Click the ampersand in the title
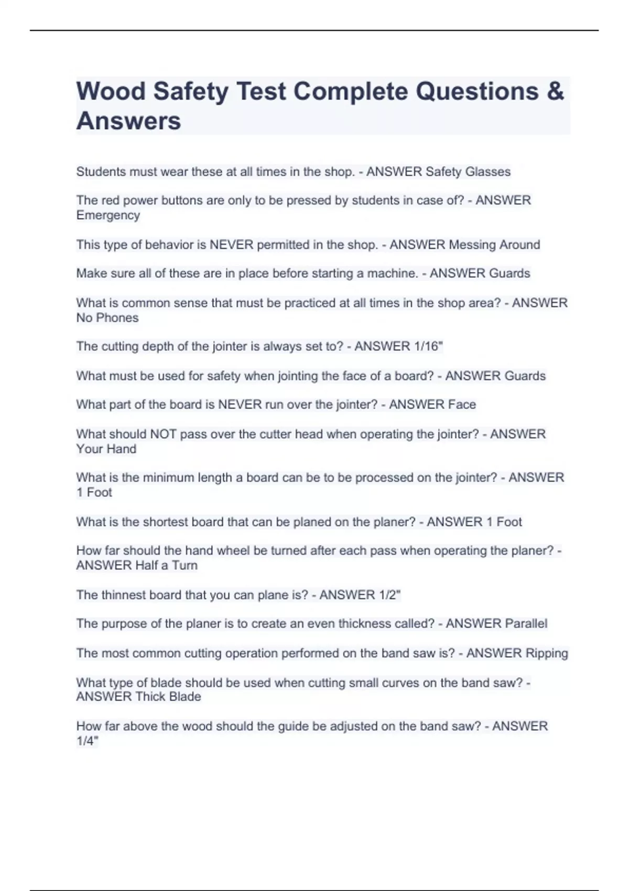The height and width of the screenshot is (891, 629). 555,92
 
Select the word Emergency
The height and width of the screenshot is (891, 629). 108,215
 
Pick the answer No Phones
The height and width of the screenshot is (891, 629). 107,318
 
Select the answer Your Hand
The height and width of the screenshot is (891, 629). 106,449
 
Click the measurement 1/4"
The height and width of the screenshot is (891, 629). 88,741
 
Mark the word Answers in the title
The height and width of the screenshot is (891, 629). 128,122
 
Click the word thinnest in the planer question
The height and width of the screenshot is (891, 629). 124,595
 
